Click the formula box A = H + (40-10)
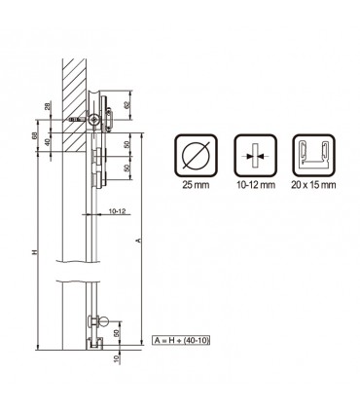(x=182, y=340)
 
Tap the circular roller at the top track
(x=93, y=119)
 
